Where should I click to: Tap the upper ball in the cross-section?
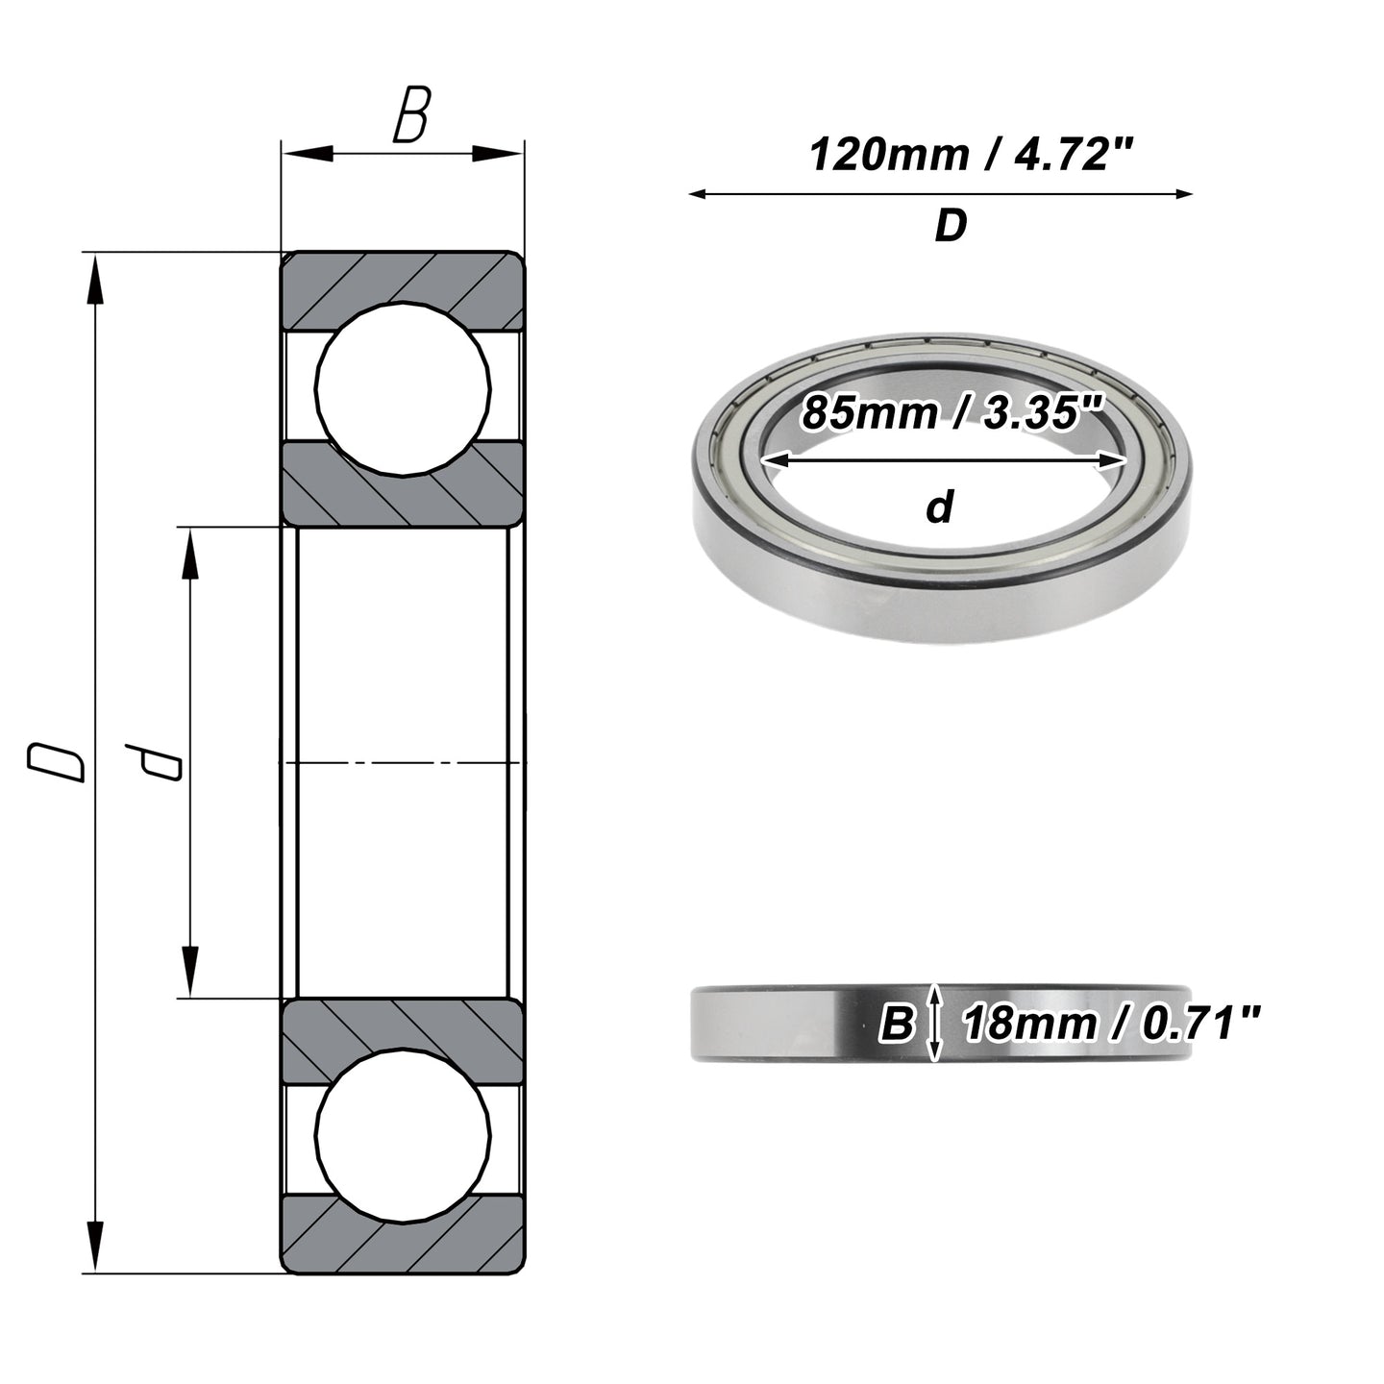[403, 388]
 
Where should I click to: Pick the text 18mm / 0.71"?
[1110, 1025]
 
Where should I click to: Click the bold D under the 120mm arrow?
[951, 226]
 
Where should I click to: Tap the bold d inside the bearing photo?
[940, 507]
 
